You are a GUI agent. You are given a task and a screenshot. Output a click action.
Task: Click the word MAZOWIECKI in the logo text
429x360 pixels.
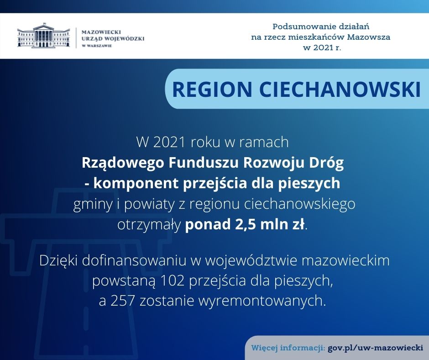tap(101, 32)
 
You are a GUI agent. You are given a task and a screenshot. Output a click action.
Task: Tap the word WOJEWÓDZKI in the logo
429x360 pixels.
tap(125, 39)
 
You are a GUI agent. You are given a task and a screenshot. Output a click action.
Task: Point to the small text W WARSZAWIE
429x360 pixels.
tap(97, 46)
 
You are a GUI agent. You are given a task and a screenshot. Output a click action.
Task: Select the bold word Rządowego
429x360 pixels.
tap(123, 163)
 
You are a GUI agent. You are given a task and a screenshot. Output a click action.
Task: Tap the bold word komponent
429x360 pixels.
tap(136, 184)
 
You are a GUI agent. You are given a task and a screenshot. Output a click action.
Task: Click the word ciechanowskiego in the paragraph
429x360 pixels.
tap(299, 204)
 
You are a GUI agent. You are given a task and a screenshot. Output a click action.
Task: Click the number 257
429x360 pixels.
tap(122, 301)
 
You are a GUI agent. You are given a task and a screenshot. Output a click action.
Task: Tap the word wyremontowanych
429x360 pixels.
tap(262, 301)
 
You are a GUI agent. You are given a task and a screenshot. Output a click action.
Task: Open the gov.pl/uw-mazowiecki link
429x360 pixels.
tap(375, 348)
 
